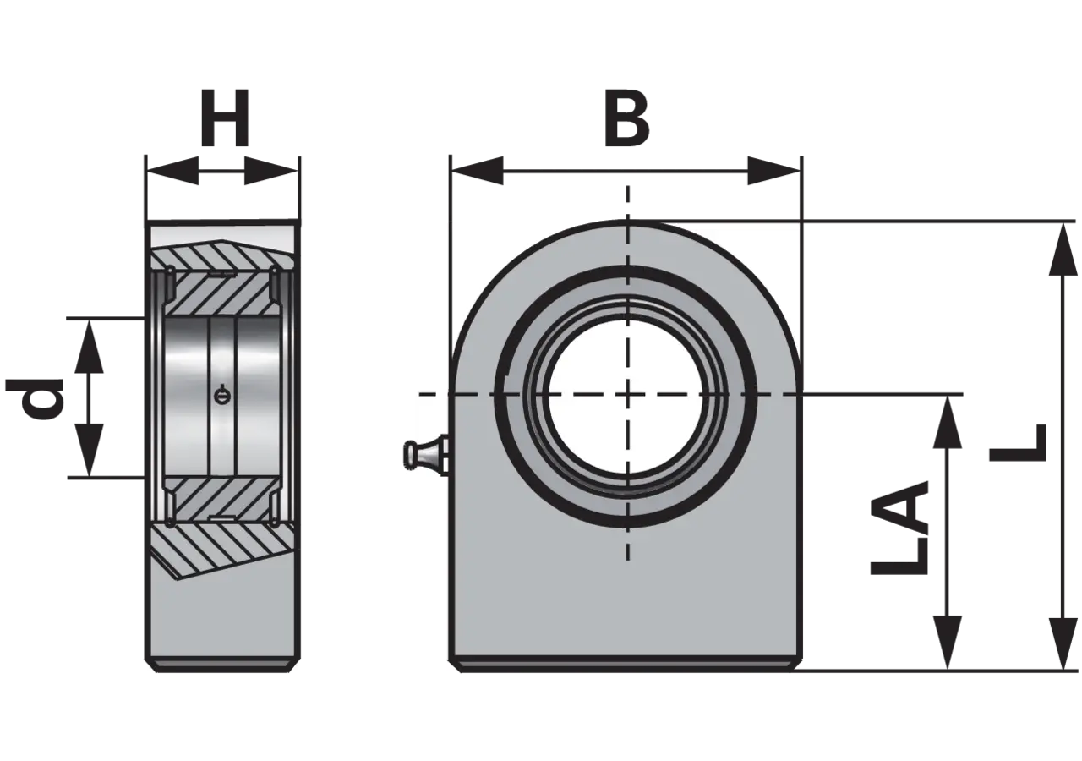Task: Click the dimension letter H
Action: coord(225,118)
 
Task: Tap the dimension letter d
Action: coord(35,397)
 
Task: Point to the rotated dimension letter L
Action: coord(1018,442)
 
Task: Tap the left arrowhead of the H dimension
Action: coord(172,171)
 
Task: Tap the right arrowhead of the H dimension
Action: coord(270,171)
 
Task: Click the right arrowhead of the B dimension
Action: coord(773,171)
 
